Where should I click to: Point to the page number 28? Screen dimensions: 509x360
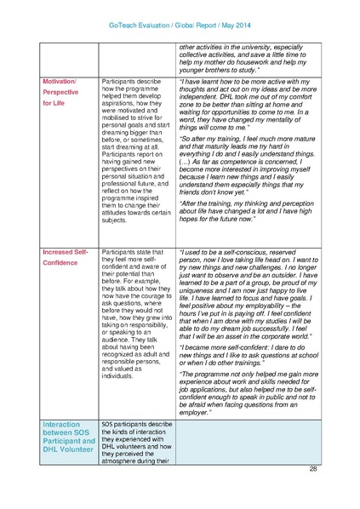tap(313, 468)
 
